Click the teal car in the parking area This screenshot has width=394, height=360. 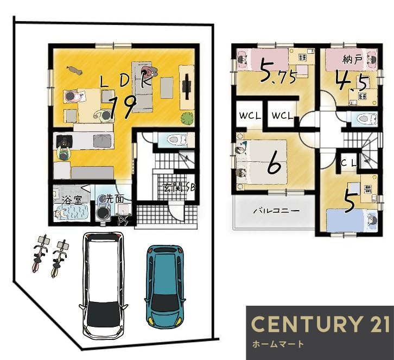[165, 287]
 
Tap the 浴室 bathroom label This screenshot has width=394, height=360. [72, 200]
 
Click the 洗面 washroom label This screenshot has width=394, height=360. [115, 199]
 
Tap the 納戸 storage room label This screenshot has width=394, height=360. [353, 60]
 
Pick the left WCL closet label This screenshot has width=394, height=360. [250, 116]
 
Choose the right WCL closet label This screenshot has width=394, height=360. [282, 116]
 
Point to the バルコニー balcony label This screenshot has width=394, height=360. [276, 210]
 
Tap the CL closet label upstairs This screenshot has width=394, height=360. [349, 163]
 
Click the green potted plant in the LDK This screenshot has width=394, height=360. [187, 118]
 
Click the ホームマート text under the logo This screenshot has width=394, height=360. [278, 344]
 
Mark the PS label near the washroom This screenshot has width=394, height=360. [124, 220]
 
